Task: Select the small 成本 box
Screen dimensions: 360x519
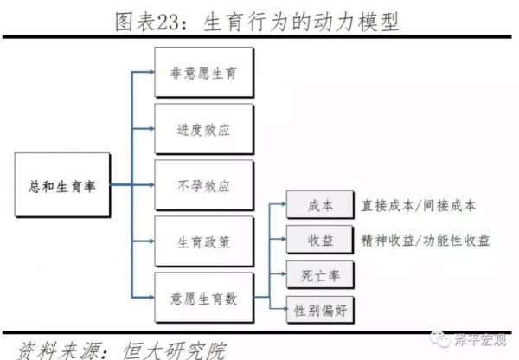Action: pos(319,207)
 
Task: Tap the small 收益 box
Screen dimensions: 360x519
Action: pos(319,240)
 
